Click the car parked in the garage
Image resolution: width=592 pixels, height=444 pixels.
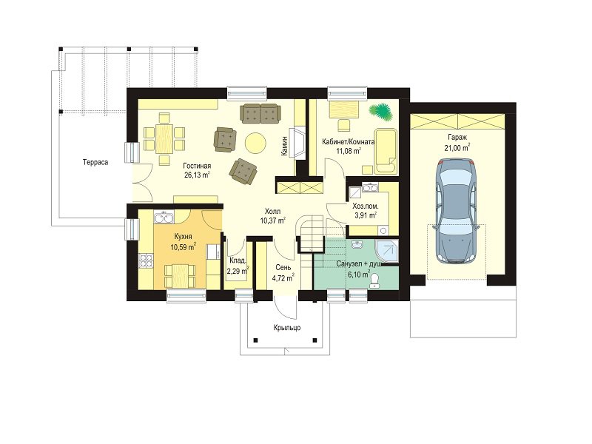(x=456, y=211)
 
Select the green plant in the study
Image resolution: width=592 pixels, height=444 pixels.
(x=380, y=112)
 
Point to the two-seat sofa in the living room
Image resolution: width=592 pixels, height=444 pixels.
(x=260, y=113)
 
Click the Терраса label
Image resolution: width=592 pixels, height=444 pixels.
(x=95, y=162)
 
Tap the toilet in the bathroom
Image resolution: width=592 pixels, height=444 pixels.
(x=375, y=280)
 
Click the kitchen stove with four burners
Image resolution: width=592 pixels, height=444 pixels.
(x=146, y=260)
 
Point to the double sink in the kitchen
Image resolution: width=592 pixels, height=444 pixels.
(x=164, y=218)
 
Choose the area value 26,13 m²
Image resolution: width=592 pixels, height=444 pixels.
(x=197, y=175)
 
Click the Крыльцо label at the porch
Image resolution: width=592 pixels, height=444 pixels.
(x=287, y=327)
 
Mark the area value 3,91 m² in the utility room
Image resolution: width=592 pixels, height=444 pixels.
(x=366, y=215)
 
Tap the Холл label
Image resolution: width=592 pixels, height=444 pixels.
(x=272, y=212)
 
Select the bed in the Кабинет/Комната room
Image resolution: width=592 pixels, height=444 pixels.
(x=386, y=152)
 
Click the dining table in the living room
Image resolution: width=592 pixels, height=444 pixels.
(x=164, y=139)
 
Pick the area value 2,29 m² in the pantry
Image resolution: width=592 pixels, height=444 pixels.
(x=238, y=270)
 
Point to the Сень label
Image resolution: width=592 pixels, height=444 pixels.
(x=283, y=268)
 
